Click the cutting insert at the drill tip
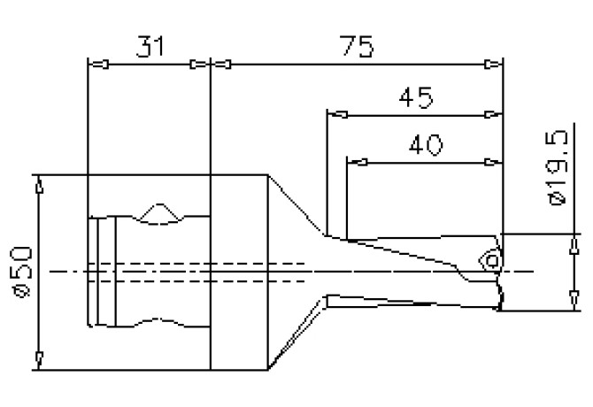click(x=489, y=259)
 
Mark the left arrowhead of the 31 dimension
click(x=99, y=64)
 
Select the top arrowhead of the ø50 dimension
click(x=38, y=187)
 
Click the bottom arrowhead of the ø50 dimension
click(x=38, y=357)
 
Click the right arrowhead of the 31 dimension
click(x=199, y=64)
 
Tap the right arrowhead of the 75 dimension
click(x=492, y=64)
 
